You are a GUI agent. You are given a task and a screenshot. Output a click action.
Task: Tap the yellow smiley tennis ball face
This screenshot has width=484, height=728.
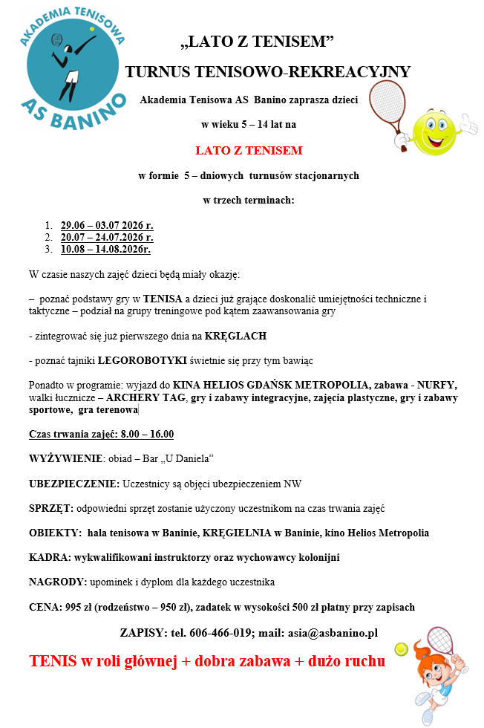click(434, 133)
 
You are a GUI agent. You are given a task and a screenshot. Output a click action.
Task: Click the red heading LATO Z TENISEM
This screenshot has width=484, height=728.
click(249, 150)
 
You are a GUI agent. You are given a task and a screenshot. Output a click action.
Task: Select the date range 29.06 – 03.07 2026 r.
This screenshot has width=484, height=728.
click(107, 225)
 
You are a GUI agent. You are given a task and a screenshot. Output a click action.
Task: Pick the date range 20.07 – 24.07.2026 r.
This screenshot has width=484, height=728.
click(107, 237)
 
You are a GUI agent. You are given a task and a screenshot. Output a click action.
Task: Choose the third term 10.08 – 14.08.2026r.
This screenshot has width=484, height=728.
click(105, 249)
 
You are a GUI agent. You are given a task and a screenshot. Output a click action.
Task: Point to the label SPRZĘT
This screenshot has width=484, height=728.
click(50, 508)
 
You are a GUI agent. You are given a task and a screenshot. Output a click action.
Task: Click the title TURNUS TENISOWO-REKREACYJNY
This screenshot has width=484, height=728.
click(267, 71)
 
